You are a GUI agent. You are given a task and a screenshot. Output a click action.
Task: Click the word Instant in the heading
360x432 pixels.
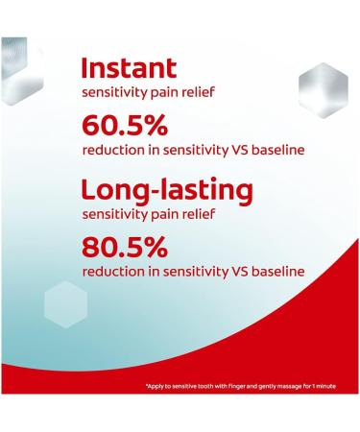coord(129,68)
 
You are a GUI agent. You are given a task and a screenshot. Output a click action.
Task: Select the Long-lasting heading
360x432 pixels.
coord(158,188)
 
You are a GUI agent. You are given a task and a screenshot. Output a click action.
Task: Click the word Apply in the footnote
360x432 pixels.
coord(157,386)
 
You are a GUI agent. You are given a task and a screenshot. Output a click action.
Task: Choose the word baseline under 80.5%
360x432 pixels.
coord(278,272)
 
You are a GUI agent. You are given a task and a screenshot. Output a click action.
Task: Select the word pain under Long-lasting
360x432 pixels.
coord(178,212)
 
